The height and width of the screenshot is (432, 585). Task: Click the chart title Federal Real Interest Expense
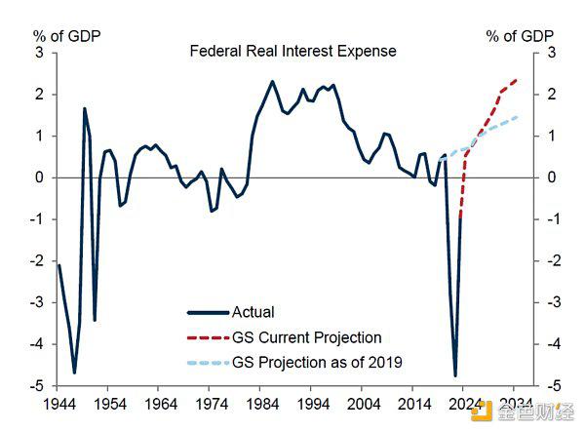pyautogui.click(x=292, y=51)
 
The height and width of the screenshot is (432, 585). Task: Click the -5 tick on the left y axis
pyautogui.click(x=37, y=386)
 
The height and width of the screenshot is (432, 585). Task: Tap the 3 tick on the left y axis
pyautogui.click(x=39, y=52)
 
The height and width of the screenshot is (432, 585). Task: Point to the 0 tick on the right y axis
pyautogui.click(x=551, y=177)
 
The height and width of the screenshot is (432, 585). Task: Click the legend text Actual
pyautogui.click(x=253, y=312)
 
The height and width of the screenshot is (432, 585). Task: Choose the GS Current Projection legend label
pyautogui.click(x=306, y=337)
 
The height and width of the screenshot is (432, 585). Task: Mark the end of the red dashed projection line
pyautogui.click(x=517, y=80)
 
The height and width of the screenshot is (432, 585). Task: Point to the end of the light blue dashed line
pyautogui.click(x=517, y=117)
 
